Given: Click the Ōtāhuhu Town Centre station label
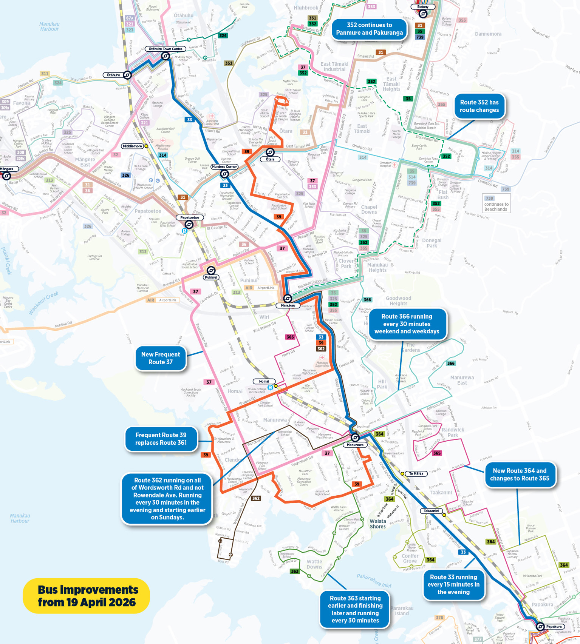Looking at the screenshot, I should [165, 49].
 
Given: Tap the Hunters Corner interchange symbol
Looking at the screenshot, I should [224, 174].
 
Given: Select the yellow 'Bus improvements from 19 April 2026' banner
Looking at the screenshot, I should [87, 596].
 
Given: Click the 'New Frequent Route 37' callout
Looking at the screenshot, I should [161, 358].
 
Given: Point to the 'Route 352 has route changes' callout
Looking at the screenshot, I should [479, 106].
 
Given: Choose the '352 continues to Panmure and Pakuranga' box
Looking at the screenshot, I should [369, 29].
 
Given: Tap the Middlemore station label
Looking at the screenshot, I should [132, 146].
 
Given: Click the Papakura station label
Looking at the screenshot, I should [554, 627].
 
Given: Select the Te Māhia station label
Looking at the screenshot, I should [416, 473].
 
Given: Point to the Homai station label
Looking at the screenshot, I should [264, 381].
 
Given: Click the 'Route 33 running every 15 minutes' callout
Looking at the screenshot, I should [453, 584].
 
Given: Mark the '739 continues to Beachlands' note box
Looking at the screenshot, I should [496, 204].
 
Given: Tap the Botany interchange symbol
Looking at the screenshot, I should [423, 14].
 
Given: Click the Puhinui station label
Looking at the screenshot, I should [210, 277].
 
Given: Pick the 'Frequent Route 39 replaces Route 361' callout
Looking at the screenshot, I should [161, 439].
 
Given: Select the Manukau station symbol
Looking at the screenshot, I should [287, 299].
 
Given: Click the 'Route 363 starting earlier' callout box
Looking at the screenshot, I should [354, 609].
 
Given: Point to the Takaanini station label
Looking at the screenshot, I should [431, 511].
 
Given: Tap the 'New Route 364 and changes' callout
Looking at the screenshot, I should [520, 475].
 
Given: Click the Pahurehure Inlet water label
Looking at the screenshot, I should [374, 580].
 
